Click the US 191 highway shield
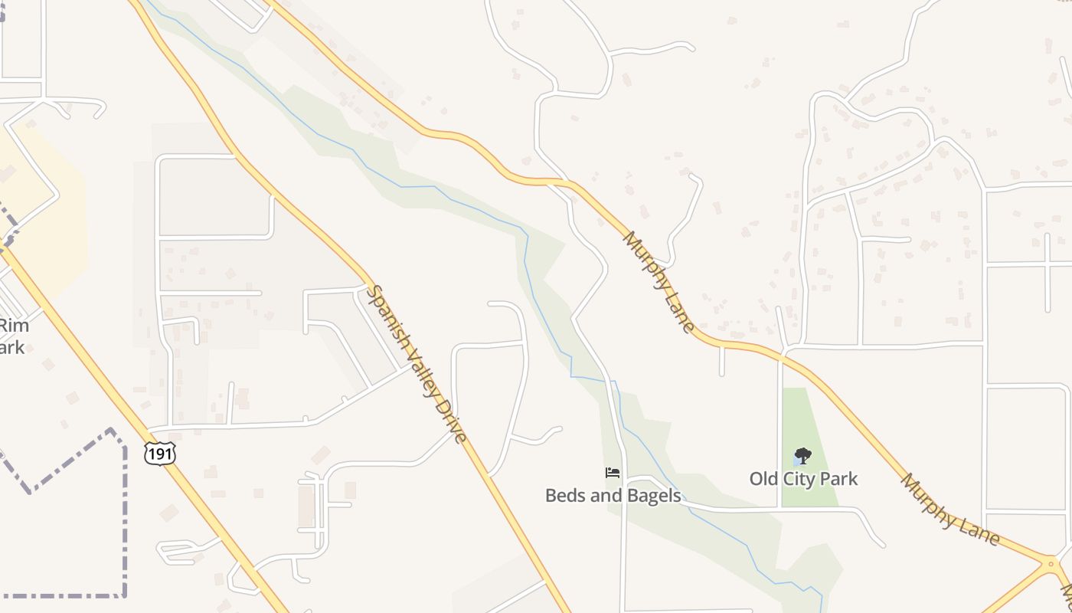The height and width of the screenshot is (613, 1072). (159, 453)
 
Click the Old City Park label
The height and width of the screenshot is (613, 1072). (803, 479)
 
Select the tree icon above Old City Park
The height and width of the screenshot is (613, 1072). (802, 457)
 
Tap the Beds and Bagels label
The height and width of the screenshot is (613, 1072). (613, 496)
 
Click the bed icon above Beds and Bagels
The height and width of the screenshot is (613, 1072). (613, 473)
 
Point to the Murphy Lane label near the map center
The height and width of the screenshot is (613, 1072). (659, 282)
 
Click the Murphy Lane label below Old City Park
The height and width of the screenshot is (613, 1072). (949, 510)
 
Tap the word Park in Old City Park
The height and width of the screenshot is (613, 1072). (840, 479)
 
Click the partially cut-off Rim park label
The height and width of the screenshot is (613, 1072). (13, 336)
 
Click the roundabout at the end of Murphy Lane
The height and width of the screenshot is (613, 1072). (1048, 565)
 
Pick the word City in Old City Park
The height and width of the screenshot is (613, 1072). (802, 479)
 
